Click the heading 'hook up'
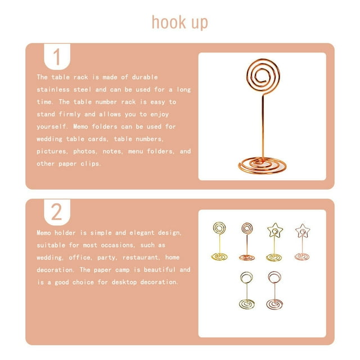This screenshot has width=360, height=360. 180,22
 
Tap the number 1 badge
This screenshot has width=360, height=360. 57,57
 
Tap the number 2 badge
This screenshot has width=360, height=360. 57,212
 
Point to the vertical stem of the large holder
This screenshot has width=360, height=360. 263,126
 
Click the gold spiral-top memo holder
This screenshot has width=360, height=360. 219,241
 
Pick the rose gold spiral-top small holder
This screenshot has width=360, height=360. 247,241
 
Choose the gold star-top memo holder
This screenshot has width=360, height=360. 274,242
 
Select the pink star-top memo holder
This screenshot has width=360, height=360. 303,242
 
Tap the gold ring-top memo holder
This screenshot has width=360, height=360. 246,290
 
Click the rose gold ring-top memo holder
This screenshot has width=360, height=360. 274,290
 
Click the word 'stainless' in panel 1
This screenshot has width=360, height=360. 53,89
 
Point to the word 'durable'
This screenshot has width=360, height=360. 145,77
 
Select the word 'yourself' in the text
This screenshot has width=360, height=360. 51,127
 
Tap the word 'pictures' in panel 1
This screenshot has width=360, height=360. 51,151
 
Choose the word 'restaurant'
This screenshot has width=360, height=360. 141,258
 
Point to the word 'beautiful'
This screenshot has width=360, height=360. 160,269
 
